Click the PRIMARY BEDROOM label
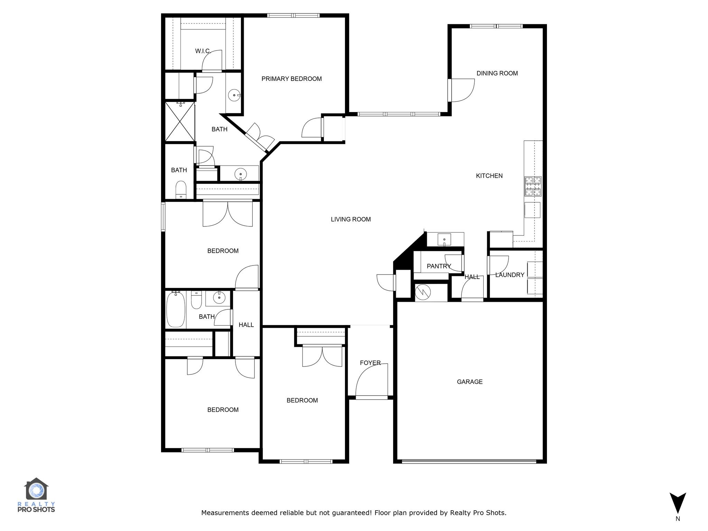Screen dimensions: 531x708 click(291, 79)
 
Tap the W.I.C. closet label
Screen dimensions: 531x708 click(203, 51)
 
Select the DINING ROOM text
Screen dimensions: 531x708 click(497, 73)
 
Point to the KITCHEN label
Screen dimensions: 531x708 click(489, 176)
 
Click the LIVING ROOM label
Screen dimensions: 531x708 click(351, 219)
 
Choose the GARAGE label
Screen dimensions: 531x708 click(469, 382)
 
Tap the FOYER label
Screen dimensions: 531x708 click(370, 363)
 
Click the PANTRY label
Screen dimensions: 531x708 click(439, 266)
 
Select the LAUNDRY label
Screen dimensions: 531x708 click(510, 275)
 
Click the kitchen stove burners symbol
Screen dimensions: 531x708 click(533, 186)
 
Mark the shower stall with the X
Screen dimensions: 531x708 click(180, 122)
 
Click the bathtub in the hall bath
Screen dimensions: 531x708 click(176, 309)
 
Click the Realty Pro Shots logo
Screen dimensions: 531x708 click(36, 495)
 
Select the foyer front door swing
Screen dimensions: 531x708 click(372, 380)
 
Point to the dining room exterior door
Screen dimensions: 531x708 click(462, 91)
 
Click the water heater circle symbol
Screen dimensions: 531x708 click(423, 292)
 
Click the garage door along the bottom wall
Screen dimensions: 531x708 click(469, 461)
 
